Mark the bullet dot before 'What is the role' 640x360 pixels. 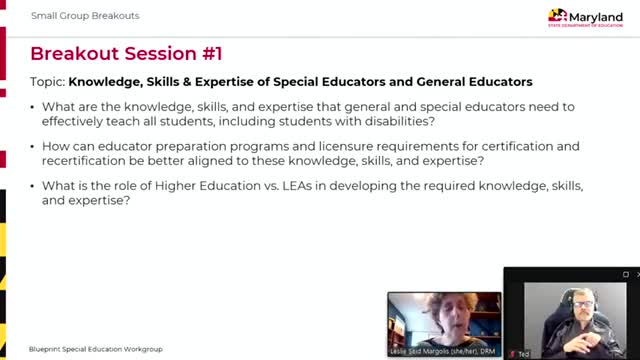coord(36,186)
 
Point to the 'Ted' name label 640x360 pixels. coord(524,353)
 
